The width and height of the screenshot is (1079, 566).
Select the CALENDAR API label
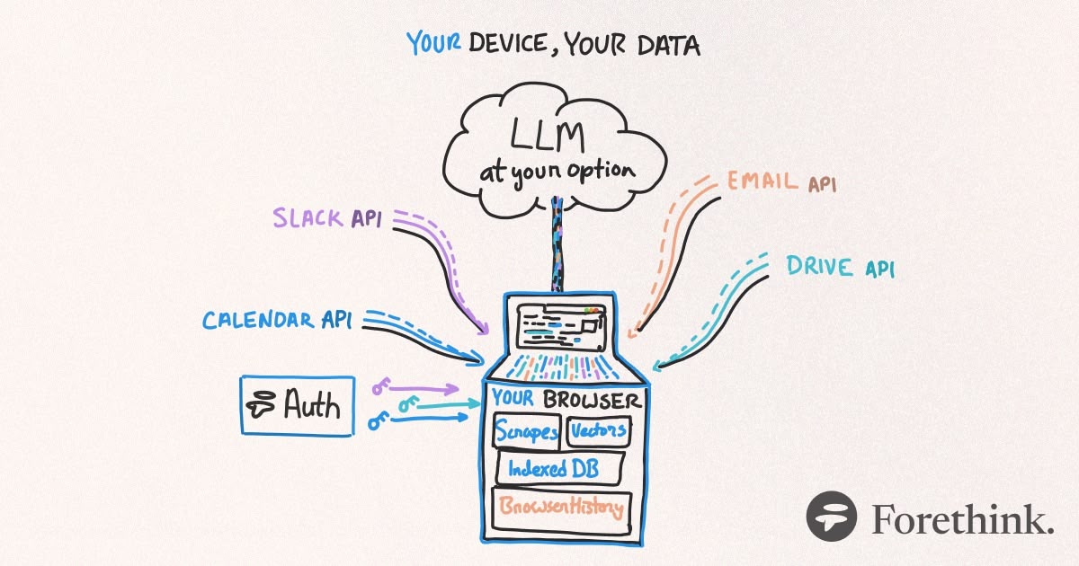click(x=277, y=321)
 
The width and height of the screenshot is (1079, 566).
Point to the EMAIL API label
click(x=780, y=182)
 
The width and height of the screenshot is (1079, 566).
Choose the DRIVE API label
click(x=841, y=267)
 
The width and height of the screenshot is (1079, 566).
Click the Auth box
click(x=296, y=406)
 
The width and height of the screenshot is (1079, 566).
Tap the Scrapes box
click(x=527, y=432)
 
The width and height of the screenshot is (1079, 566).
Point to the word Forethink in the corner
click(x=962, y=518)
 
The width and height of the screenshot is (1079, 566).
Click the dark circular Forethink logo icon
click(x=832, y=517)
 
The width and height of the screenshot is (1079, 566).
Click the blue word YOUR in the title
click(x=435, y=43)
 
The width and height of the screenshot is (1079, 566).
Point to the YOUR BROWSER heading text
click(x=566, y=400)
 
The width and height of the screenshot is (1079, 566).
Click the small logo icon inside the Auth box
click(x=263, y=406)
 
